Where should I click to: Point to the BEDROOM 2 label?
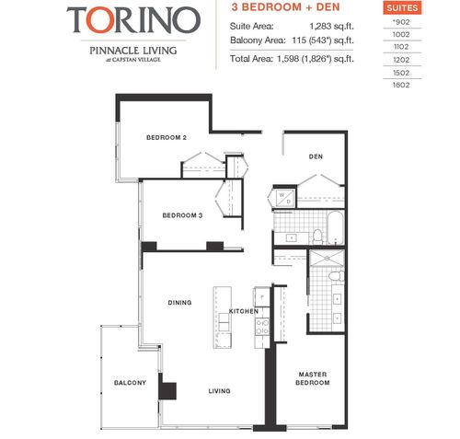click(167, 138)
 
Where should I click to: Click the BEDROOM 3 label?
click(182, 215)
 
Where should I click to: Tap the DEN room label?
click(314, 156)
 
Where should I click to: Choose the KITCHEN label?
click(244, 312)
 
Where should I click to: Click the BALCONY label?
click(130, 383)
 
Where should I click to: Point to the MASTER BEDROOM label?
click(313, 377)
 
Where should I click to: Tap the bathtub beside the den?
click(334, 225)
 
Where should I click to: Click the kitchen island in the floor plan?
click(221, 316)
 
